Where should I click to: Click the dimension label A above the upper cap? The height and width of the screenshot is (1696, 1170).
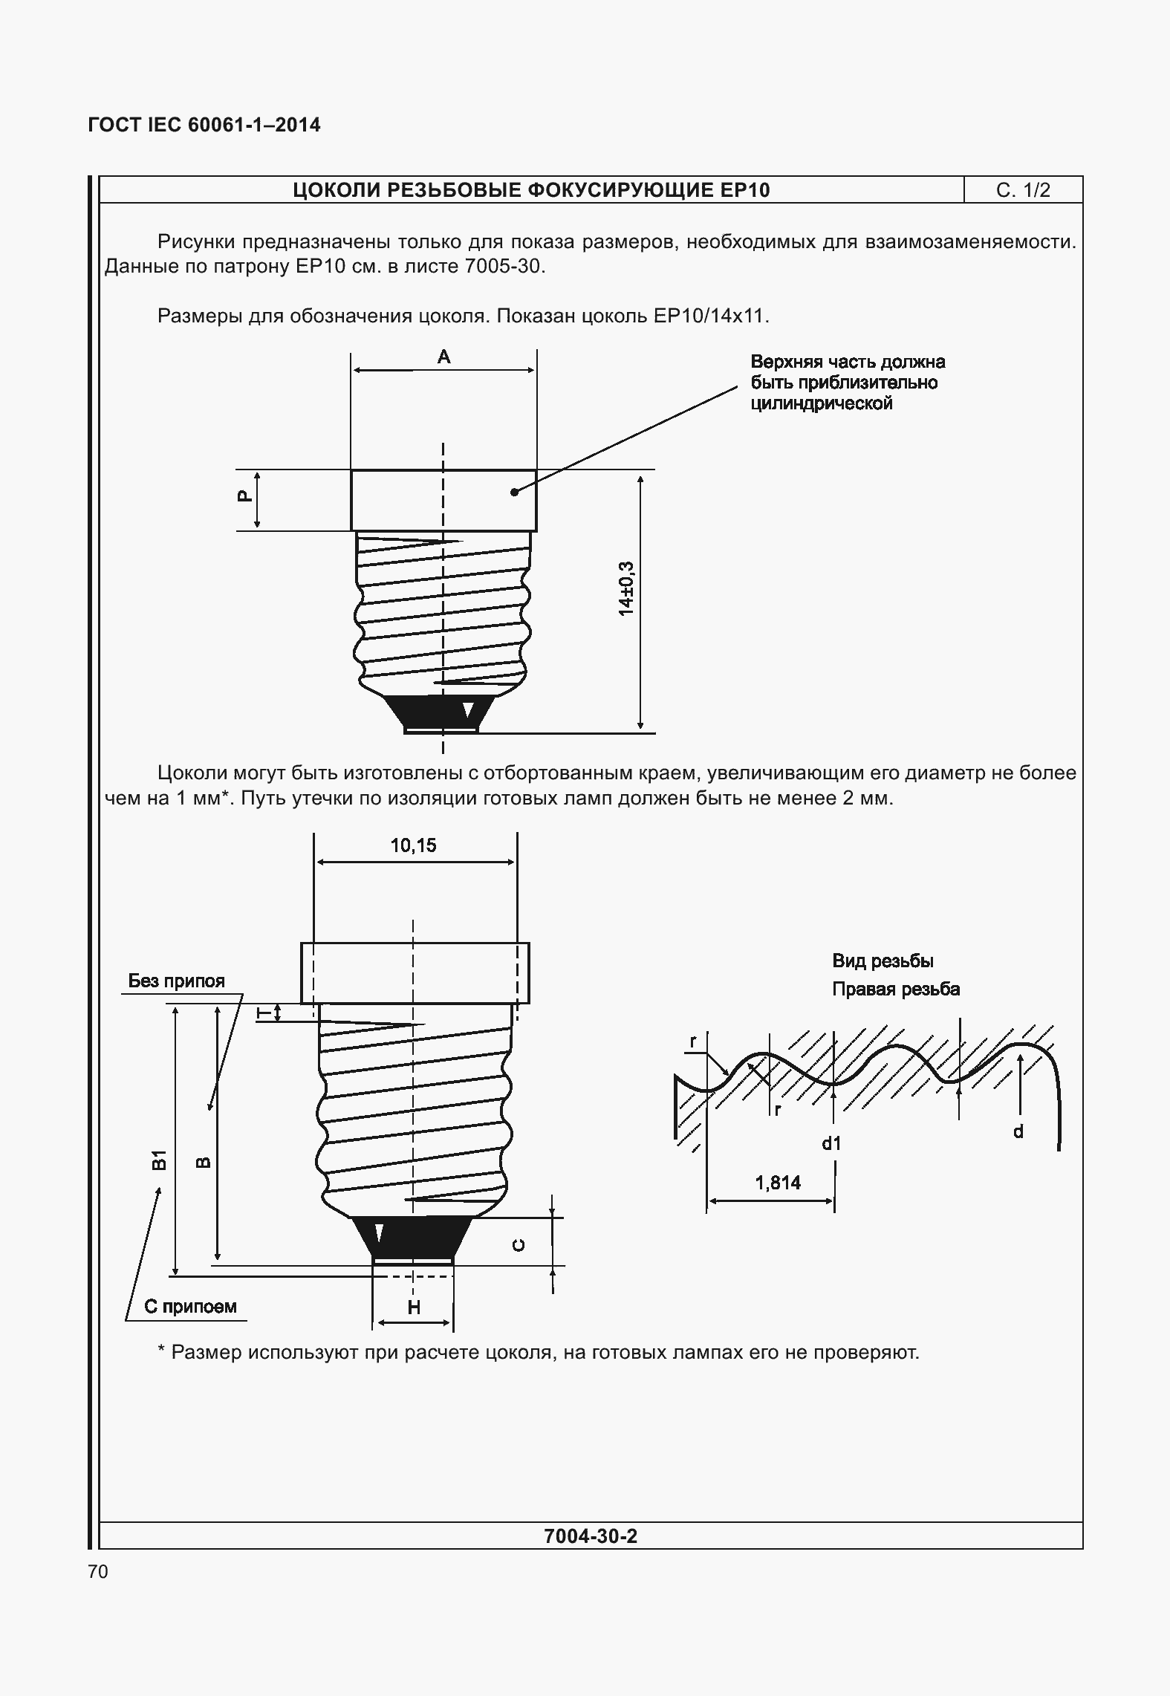coord(443,357)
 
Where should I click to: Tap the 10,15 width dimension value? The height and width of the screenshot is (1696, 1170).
coord(414,845)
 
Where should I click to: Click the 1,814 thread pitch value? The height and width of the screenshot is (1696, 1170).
coord(778,1182)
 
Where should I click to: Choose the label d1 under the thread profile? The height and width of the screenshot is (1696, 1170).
coord(831,1143)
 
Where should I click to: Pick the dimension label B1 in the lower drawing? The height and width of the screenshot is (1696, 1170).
coord(157,1160)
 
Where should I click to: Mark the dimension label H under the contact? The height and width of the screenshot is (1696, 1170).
coord(414,1307)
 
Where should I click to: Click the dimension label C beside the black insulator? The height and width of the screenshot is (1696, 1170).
coord(519,1245)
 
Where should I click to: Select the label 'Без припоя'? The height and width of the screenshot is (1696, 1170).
coord(176,981)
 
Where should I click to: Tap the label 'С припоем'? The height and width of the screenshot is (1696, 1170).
coord(190,1306)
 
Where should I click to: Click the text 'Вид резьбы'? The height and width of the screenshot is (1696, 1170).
coord(883,961)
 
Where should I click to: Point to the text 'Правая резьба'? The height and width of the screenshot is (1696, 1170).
coord(895,989)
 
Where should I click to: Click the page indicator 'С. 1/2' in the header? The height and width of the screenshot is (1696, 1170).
coord(1023,190)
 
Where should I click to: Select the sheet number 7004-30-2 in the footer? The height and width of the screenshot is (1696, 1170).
coord(591,1536)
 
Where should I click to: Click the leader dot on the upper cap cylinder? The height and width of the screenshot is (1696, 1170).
coord(514,492)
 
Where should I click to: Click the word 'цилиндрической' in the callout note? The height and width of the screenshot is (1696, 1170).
coord(821,403)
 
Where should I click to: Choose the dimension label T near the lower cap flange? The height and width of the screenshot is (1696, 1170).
coord(261,1013)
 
